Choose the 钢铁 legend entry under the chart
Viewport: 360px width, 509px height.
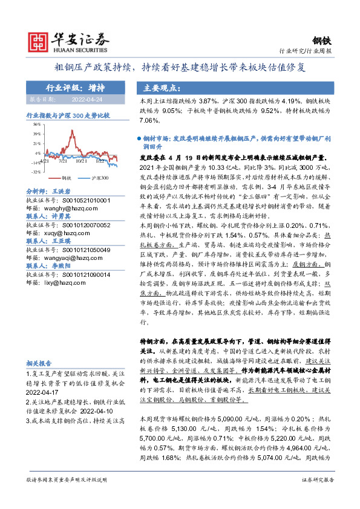[x=64, y=178]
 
